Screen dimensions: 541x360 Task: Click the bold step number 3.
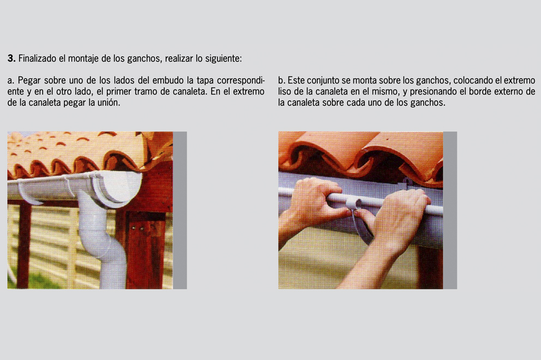(x=11, y=58)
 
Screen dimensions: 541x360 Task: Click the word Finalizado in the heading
(x=37, y=58)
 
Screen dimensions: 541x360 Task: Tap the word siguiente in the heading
(x=224, y=59)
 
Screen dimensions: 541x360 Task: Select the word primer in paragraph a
(x=118, y=92)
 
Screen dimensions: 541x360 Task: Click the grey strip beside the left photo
(x=180, y=210)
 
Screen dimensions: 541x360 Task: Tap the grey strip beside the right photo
(x=450, y=210)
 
